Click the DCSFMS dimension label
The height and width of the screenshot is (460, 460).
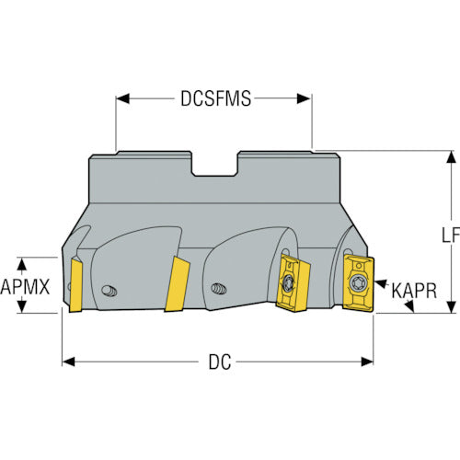click(215, 98)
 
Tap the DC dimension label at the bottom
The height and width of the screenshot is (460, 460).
click(220, 362)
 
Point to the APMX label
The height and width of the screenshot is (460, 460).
click(25, 287)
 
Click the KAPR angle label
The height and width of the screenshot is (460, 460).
click(414, 291)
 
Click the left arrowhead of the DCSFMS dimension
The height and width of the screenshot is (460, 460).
click(123, 98)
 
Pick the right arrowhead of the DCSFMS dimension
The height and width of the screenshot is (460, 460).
click(304, 98)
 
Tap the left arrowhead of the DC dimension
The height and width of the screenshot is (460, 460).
click(68, 362)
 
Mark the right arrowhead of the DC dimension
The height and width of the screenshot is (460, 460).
click(367, 362)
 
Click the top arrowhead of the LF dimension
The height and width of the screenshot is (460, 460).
click(451, 157)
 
